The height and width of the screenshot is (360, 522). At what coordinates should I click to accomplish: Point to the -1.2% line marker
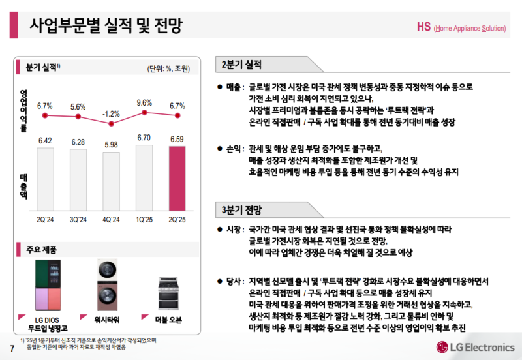pos(111,123)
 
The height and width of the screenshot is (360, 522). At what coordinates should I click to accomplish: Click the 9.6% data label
pos(144,103)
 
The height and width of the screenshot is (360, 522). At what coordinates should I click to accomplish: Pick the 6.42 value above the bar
pos(45,140)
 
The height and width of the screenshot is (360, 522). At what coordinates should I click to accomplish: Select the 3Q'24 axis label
pos(78,220)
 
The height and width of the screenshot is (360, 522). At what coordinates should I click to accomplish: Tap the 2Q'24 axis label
pos(45,220)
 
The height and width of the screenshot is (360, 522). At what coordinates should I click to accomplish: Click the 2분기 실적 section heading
pos(241,65)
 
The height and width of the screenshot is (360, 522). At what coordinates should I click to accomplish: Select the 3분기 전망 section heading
pos(241,210)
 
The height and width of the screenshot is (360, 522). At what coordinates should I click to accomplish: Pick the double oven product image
pos(168,294)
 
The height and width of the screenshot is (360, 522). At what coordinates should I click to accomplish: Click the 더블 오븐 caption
pos(168,320)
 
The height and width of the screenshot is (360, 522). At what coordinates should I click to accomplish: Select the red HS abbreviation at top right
pos(423,27)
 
